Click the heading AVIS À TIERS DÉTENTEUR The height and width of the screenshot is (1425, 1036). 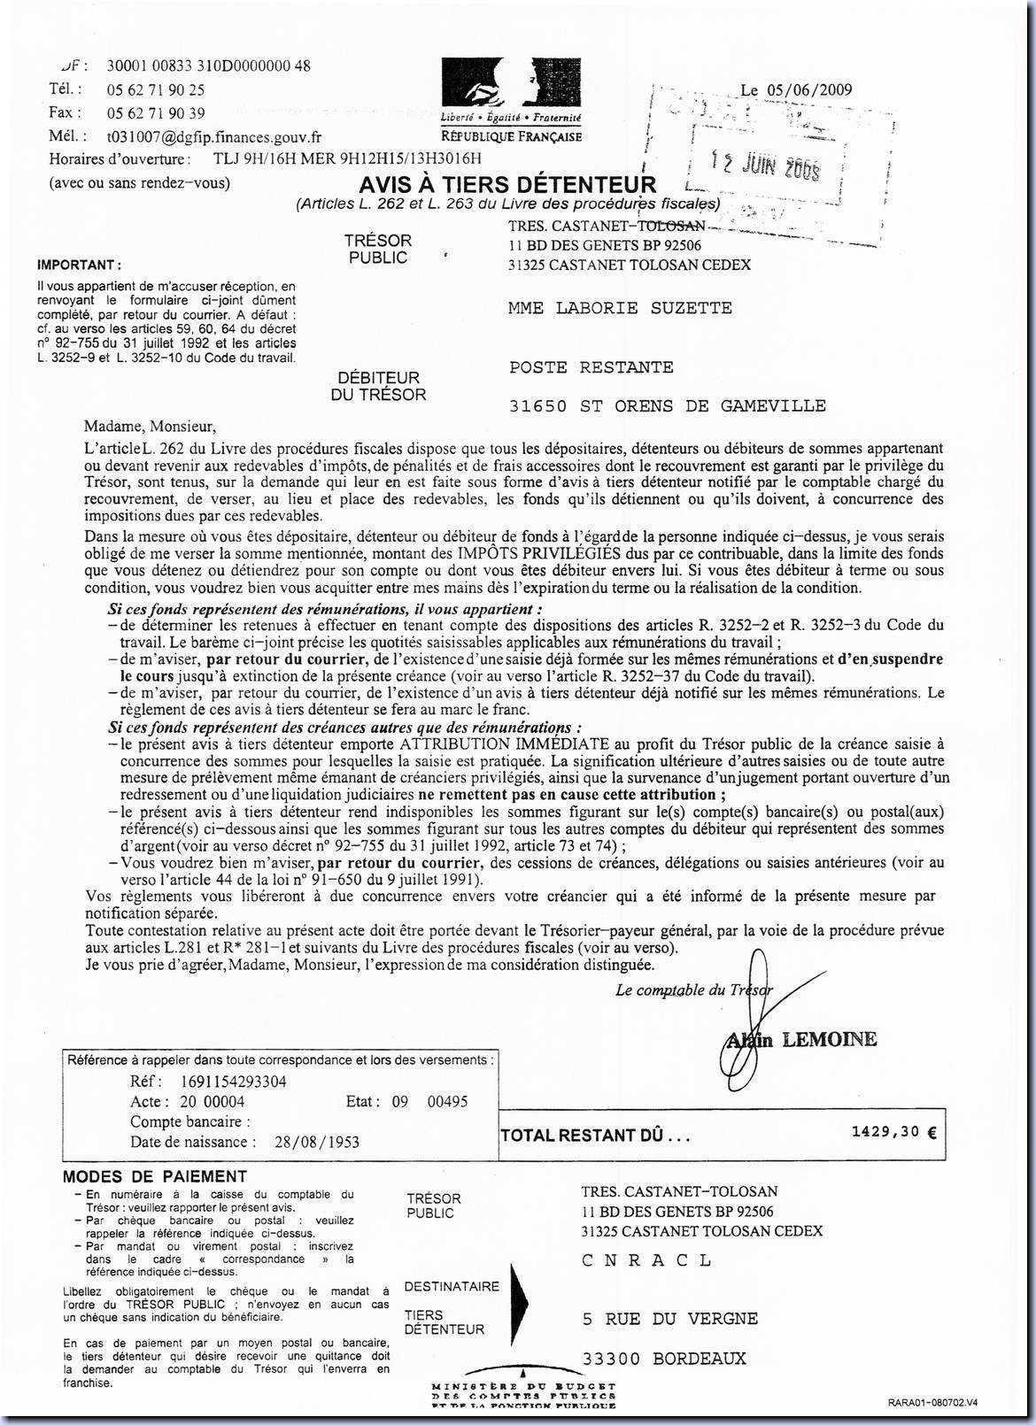pyautogui.click(x=507, y=185)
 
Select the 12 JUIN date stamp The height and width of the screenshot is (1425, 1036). pyautogui.click(x=766, y=165)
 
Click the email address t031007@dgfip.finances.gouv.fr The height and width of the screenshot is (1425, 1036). pyautogui.click(x=214, y=137)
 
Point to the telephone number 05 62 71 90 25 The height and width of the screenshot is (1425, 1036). pyautogui.click(x=156, y=89)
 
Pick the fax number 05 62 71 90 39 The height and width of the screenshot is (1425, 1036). pyautogui.click(x=156, y=113)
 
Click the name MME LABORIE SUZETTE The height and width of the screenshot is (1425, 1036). pyautogui.click(x=620, y=308)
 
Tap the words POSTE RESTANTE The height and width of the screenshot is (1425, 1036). pyautogui.click(x=591, y=367)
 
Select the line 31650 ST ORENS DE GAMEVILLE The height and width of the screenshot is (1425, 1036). pyautogui.click(x=667, y=406)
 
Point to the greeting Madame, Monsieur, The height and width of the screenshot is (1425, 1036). pyautogui.click(x=151, y=426)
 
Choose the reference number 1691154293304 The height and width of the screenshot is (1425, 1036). pyautogui.click(x=234, y=1082)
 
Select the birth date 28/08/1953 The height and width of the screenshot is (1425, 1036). pyautogui.click(x=317, y=1142)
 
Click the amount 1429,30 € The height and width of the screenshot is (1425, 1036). pyautogui.click(x=893, y=1132)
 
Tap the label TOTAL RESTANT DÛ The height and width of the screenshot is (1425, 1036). pyautogui.click(x=594, y=1136)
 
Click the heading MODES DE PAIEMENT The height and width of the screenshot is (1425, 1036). pyautogui.click(x=154, y=1176)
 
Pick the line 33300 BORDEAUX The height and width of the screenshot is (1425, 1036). pyautogui.click(x=664, y=1359)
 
